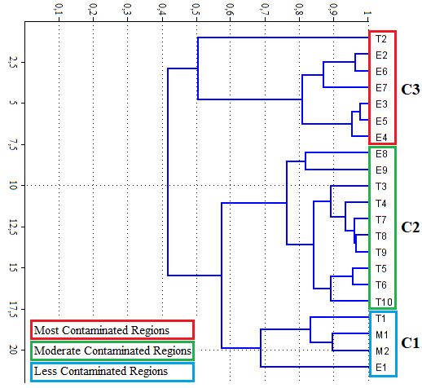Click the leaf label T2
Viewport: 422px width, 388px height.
[381, 39]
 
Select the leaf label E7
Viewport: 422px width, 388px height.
[381, 88]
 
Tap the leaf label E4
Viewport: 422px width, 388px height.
[381, 138]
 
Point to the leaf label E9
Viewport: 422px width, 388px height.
[381, 170]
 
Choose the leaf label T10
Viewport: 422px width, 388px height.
[384, 302]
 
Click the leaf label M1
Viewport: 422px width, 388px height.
[382, 335]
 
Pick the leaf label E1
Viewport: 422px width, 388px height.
[380, 368]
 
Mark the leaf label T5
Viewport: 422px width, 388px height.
[381, 269]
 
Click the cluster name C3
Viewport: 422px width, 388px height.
[411, 90]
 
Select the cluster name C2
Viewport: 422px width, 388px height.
[411, 227]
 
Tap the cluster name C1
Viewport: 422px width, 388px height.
[411, 343]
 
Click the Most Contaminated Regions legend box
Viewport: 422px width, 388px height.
[112, 330]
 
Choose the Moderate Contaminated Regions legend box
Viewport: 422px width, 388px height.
[112, 351]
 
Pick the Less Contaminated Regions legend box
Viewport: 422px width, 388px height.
[112, 372]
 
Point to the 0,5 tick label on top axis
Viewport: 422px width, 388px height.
[196, 10]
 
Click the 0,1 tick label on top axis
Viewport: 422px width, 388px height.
[59, 10]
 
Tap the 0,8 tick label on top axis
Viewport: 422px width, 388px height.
[299, 10]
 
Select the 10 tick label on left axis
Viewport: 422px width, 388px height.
[13, 186]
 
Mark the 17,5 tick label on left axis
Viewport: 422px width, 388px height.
[13, 309]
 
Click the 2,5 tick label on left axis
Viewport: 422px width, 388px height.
[13, 62]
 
